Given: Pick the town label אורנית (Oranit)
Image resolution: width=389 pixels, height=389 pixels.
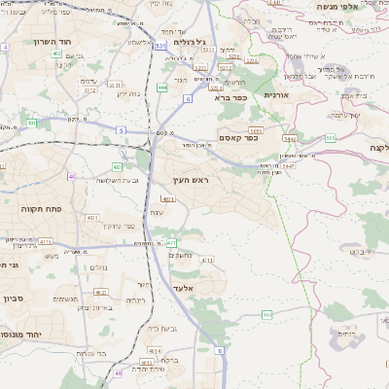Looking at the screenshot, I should point(291,96).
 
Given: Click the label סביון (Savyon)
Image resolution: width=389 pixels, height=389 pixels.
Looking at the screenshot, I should point(18,290).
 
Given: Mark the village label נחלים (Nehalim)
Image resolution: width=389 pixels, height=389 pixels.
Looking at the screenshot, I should point(97,266).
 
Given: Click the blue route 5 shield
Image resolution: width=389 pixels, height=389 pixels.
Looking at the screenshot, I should point(120,128).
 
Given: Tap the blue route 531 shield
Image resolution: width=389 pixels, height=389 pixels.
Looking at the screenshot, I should point(158,46).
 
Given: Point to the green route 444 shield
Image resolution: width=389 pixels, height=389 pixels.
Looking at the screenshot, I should point(161,88).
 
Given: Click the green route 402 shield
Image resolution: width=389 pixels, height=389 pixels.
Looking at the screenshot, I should point(117,166).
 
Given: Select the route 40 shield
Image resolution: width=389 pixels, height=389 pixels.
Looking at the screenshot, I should point(72,176).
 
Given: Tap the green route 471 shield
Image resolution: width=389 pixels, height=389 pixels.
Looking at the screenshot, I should point(170,242).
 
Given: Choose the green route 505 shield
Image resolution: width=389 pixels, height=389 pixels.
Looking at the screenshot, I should point(331,139).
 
